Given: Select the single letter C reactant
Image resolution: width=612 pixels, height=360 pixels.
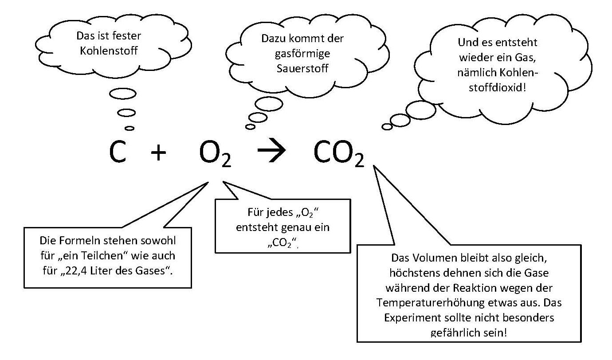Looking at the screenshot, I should (x=118, y=152).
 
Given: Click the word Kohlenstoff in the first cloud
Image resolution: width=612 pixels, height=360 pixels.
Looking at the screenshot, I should (x=109, y=51).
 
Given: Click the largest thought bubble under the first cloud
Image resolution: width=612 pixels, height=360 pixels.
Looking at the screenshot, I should (x=122, y=94).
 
